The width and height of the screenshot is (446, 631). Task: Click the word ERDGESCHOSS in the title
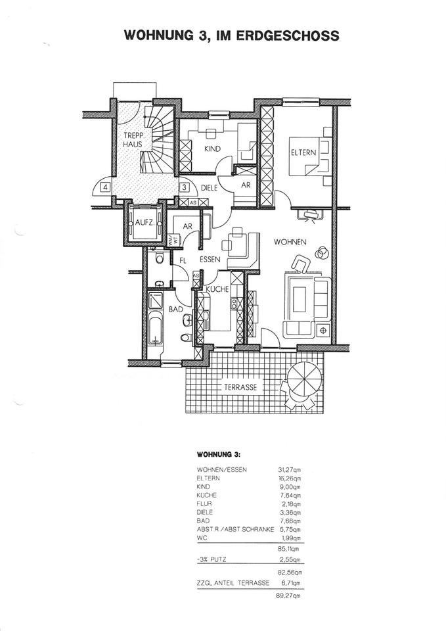[x=284, y=35]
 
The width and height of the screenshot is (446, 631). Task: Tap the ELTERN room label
[x=303, y=152]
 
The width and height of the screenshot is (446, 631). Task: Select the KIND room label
[x=212, y=149]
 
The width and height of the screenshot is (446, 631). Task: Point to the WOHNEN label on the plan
[x=290, y=242]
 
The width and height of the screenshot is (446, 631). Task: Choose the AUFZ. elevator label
[x=145, y=222]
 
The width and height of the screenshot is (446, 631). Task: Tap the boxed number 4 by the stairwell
[x=105, y=187]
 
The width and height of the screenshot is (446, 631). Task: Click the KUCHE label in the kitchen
[x=217, y=289]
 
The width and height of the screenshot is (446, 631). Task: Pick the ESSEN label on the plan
[x=210, y=259]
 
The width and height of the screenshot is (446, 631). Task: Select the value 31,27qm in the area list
[x=289, y=470]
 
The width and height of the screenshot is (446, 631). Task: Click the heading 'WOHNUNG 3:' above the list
[x=219, y=454]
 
